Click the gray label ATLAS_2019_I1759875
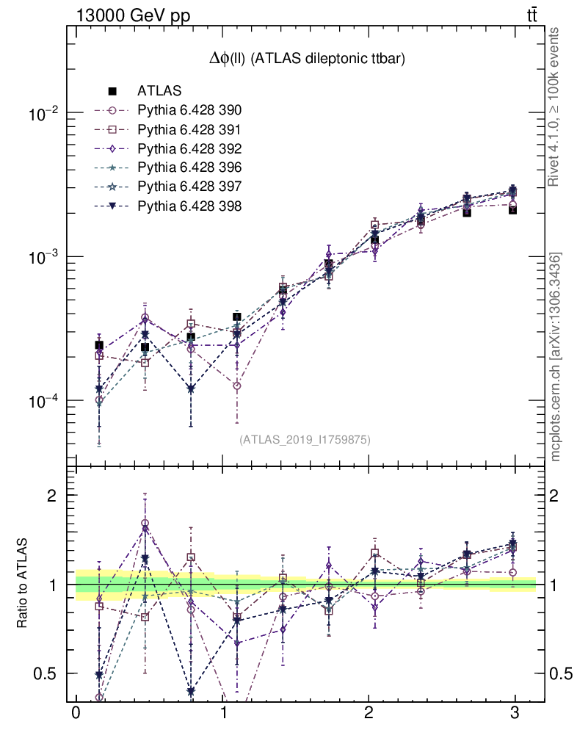(x=305, y=440)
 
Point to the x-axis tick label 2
(x=369, y=714)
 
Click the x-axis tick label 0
(x=76, y=714)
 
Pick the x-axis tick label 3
(x=515, y=714)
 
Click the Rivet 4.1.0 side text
(x=556, y=106)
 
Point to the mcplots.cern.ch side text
(x=556, y=356)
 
